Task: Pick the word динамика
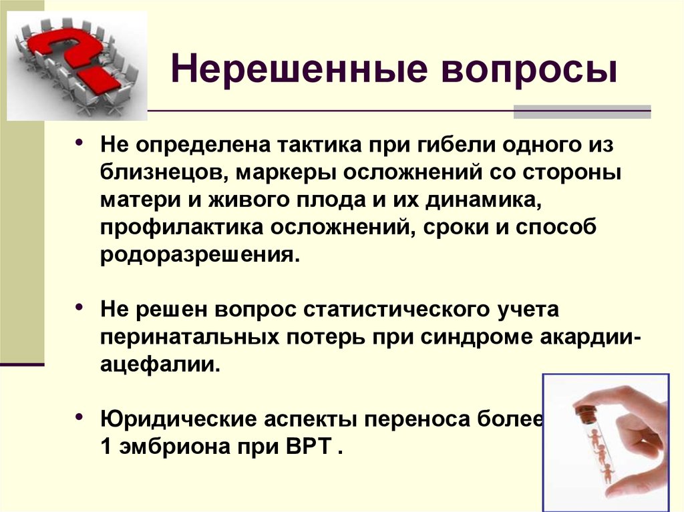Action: coord(484,200)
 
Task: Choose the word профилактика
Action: coord(182,228)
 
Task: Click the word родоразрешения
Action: coord(200,255)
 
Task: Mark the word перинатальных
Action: coord(189,337)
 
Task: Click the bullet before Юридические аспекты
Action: coord(79,417)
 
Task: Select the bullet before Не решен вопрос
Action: coord(79,306)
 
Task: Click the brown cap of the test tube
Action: coord(584,411)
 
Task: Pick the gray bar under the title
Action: coord(582,111)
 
